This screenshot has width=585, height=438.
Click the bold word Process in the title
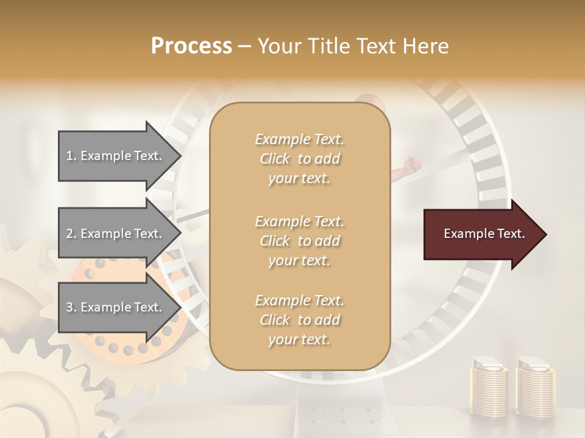[x=191, y=46]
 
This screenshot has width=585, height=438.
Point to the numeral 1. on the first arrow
[x=71, y=156]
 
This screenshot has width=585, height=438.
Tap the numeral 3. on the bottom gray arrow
[x=71, y=307]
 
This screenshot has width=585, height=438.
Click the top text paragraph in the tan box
[x=299, y=159]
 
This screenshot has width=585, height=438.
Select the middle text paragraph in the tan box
[x=299, y=240]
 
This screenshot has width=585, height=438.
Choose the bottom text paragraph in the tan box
[x=299, y=320]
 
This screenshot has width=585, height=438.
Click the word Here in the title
[x=427, y=46]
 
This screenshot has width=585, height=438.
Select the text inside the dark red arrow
[x=484, y=234]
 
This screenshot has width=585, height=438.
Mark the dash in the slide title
[x=245, y=47]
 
